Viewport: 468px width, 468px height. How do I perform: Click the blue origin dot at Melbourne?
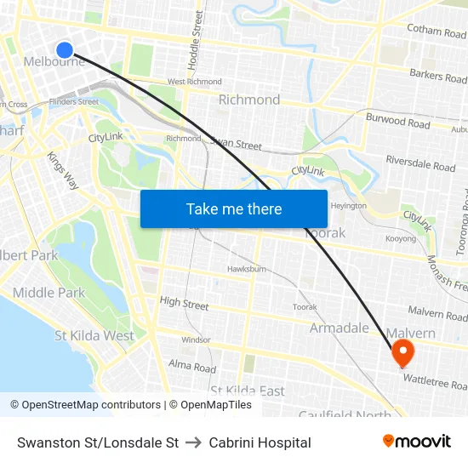(64, 49)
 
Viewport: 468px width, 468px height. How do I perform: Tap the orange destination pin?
(402, 351)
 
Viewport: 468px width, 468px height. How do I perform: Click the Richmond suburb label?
(249, 100)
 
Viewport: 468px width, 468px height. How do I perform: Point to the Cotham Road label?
(437, 31)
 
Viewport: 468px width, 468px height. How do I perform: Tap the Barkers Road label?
(437, 77)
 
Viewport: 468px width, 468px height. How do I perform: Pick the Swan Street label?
(236, 144)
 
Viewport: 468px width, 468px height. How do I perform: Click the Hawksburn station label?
(247, 269)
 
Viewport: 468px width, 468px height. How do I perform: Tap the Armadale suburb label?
(339, 328)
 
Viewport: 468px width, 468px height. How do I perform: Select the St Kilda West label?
(94, 335)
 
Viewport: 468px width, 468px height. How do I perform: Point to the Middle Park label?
(49, 293)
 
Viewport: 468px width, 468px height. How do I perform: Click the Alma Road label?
(192, 368)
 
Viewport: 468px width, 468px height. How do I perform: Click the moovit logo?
(416, 441)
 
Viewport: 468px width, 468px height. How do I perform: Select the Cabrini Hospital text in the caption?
(260, 442)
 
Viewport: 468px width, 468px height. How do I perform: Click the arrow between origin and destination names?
(193, 442)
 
